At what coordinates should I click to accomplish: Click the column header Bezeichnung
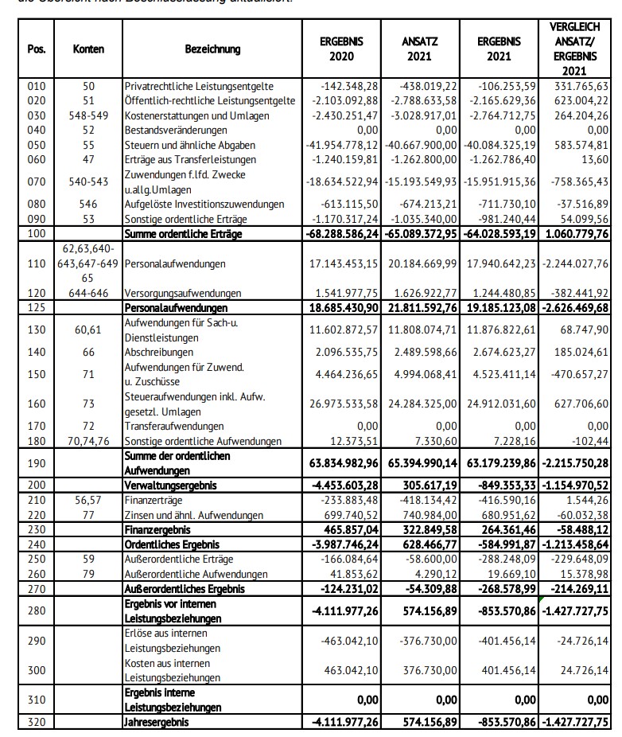[212, 49]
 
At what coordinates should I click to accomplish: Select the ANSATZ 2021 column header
[419, 49]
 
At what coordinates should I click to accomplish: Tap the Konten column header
[88, 49]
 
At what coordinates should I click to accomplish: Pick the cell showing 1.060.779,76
[574, 235]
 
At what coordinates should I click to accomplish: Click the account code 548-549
[88, 115]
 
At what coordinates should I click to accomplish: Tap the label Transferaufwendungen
[174, 427]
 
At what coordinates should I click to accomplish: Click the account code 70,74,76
[88, 441]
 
